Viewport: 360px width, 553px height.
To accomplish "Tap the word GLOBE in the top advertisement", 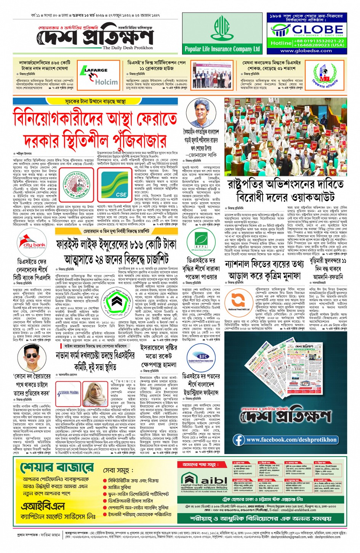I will click(317, 29).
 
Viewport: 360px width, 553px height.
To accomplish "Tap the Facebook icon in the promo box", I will click(239, 440).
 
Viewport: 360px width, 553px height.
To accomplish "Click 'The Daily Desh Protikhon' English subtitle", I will click(128, 48).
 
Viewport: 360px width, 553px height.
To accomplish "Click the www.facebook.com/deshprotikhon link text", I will click(291, 440).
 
